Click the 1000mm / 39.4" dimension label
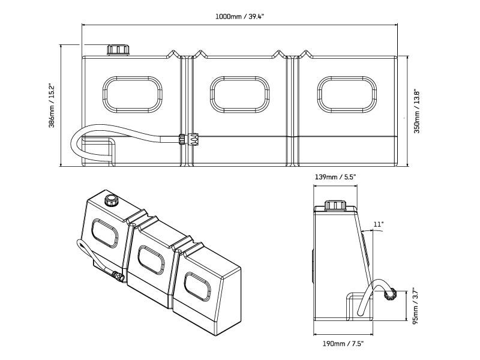(x=240, y=16)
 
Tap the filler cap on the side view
(x=334, y=206)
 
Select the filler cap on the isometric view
(x=111, y=199)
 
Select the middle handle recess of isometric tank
(x=151, y=259)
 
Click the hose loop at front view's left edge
(x=76, y=144)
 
